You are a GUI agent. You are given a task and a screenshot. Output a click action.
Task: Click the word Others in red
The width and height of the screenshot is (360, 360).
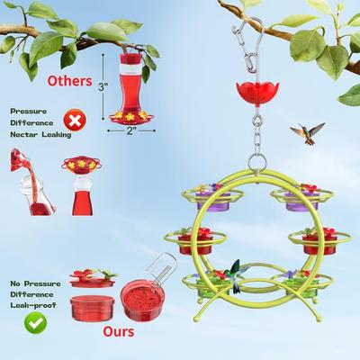click(x=69, y=81)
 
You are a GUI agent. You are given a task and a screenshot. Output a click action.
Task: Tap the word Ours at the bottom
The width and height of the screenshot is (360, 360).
click(x=119, y=331)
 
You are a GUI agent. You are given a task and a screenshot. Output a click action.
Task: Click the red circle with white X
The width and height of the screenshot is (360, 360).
click(x=75, y=120)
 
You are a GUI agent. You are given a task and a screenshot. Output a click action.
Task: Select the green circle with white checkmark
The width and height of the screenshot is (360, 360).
click(x=36, y=323)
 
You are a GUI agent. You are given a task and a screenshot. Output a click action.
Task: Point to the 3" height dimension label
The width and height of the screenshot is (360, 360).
click(x=103, y=86)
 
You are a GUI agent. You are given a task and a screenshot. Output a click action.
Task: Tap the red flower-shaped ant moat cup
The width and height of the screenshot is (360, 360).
click(x=257, y=93)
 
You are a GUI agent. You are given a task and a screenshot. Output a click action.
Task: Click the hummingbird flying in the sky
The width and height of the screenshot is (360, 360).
click(x=307, y=133)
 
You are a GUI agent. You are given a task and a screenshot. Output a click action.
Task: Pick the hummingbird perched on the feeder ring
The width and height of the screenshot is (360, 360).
click(x=237, y=275)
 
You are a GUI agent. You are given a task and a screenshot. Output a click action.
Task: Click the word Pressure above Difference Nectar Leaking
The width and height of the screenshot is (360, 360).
click(x=29, y=112)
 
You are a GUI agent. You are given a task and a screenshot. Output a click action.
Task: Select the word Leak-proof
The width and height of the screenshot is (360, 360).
click(x=33, y=305)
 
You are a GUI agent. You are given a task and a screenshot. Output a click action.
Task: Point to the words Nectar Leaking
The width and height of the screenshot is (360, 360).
click(x=40, y=135)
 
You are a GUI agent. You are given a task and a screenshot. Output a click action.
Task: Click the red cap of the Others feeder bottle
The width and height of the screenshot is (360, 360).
click(x=130, y=58)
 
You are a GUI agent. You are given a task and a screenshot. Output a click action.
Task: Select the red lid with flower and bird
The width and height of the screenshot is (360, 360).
click(x=92, y=279)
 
